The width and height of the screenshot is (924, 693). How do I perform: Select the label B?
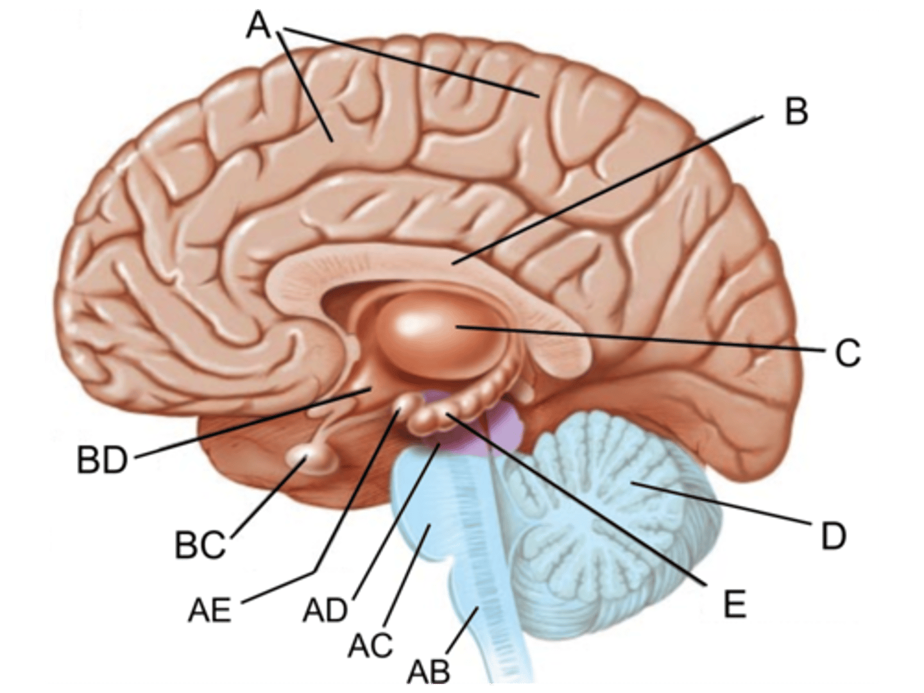tap(796, 112)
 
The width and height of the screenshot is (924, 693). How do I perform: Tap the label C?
tap(847, 352)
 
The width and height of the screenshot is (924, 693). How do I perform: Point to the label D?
tap(833, 536)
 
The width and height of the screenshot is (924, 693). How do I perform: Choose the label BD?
tap(103, 461)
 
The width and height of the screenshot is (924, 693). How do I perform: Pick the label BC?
tap(200, 546)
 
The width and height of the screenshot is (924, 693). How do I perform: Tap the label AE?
tap(209, 610)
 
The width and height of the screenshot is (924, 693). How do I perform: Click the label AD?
tap(325, 610)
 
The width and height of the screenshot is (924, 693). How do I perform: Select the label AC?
tap(370, 645)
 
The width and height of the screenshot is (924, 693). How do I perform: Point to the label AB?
tap(429, 671)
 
